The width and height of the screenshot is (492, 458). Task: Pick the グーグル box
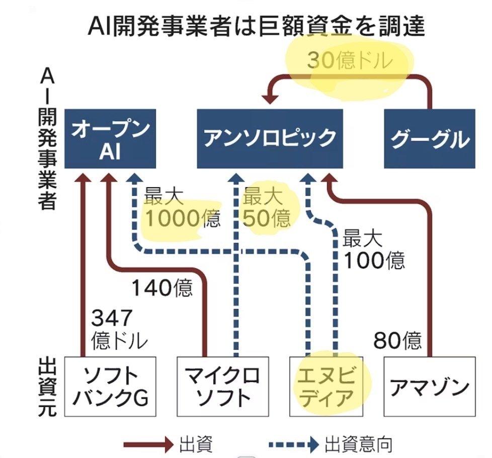(429, 139)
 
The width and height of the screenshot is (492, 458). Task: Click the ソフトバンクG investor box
(110, 387)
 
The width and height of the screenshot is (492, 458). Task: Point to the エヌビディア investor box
(330, 387)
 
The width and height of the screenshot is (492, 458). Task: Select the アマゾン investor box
(429, 387)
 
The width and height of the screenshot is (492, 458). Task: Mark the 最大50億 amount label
(267, 207)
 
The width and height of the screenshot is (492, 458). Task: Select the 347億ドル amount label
(119, 329)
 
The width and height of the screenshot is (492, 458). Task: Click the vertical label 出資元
(46, 387)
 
